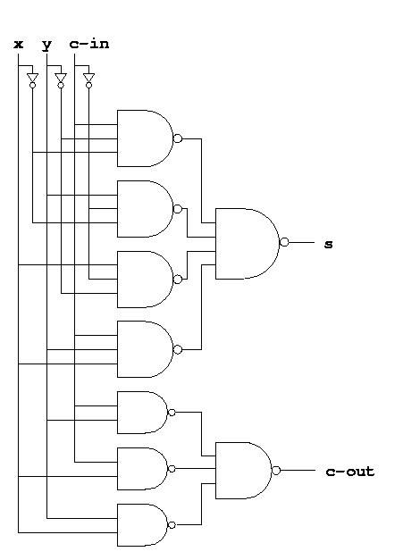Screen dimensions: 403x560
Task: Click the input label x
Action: (18, 45)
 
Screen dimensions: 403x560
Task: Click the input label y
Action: (46, 46)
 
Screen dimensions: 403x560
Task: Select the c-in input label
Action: (89, 45)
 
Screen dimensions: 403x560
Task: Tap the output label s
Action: (328, 245)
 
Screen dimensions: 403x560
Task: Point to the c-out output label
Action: (349, 472)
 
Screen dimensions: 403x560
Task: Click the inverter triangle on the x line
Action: (32, 78)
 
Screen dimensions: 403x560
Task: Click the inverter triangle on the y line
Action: (61, 78)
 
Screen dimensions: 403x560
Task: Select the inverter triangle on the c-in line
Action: (89, 78)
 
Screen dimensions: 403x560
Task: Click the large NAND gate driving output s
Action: (248, 244)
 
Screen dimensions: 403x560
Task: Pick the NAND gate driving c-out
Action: (244, 471)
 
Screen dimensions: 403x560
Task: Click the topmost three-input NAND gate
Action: (146, 138)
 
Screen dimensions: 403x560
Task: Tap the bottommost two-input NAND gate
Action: (142, 525)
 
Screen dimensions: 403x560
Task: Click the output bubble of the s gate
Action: (284, 242)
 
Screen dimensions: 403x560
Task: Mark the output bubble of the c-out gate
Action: (276, 471)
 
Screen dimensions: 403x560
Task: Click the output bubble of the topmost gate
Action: (178, 138)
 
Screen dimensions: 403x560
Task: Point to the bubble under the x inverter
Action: (32, 86)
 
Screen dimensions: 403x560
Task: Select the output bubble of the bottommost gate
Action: (172, 525)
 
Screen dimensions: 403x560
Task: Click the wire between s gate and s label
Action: (301, 242)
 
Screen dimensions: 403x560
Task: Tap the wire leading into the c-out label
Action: (298, 471)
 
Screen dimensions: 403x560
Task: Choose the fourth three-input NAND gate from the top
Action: (146, 349)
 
